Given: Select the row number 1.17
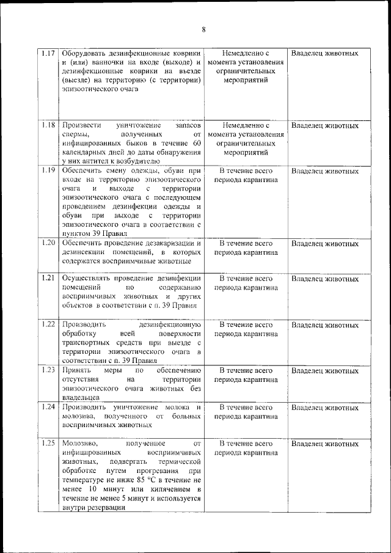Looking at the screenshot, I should pyautogui.click(x=48, y=53).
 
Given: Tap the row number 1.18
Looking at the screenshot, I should pyautogui.click(x=48, y=125).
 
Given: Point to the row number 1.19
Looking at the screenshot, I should pyautogui.click(x=48, y=170).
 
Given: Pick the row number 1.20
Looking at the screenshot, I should pyautogui.click(x=48, y=243).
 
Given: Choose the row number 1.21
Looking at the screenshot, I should pyautogui.click(x=48, y=279).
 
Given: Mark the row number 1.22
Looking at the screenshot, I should pyautogui.click(x=48, y=324).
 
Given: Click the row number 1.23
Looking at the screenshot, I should pyautogui.click(x=48, y=370).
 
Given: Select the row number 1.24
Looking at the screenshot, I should pyautogui.click(x=48, y=407).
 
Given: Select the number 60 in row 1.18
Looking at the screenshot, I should pyautogui.click(x=196, y=142).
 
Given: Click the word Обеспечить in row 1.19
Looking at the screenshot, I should pyautogui.click(x=81, y=170).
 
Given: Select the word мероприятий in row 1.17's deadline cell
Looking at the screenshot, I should pyautogui.click(x=245, y=80).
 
